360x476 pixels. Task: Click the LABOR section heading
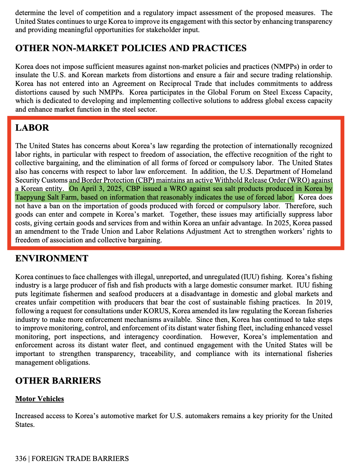coord(32,128)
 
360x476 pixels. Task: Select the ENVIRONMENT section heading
coord(52,258)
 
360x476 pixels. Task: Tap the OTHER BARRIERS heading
coord(58,381)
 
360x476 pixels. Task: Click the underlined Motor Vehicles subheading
coord(39,399)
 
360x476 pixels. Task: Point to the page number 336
coord(21,459)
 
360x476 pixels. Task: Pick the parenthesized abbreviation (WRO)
coord(299,180)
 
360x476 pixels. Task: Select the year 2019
coord(324,302)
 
